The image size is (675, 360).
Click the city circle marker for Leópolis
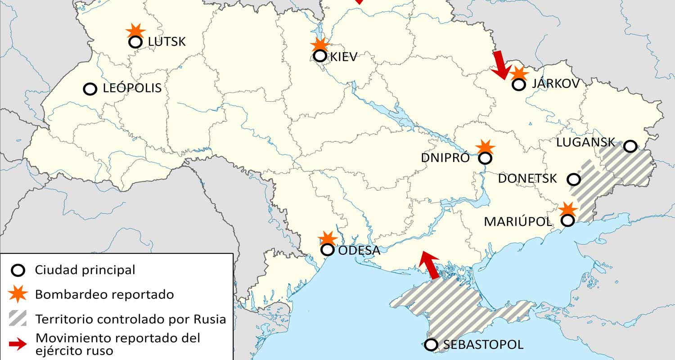coord(90,89)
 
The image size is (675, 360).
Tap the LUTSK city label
coord(166,42)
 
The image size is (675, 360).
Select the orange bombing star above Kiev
coord(320,45)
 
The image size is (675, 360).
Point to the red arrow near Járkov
coord(500,64)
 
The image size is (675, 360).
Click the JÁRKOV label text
coord(555,83)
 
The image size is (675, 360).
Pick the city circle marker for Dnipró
coord(485,158)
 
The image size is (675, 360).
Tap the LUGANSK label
coord(585,142)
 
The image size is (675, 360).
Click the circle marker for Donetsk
coord(573,180)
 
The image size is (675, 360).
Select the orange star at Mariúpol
coord(568,210)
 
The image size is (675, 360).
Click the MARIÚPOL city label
coord(518,221)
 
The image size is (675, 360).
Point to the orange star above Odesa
coord(327,239)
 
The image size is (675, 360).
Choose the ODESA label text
coord(359,250)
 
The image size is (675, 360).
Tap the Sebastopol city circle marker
coord(431,345)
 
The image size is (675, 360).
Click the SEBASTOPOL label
coord(483,345)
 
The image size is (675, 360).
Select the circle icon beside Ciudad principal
coord(18,270)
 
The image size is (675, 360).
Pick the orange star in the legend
coord(18,294)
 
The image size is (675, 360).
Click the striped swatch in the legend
coord(18,318)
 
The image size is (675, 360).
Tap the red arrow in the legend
coord(18,345)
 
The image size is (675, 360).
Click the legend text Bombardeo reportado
coord(104,295)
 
